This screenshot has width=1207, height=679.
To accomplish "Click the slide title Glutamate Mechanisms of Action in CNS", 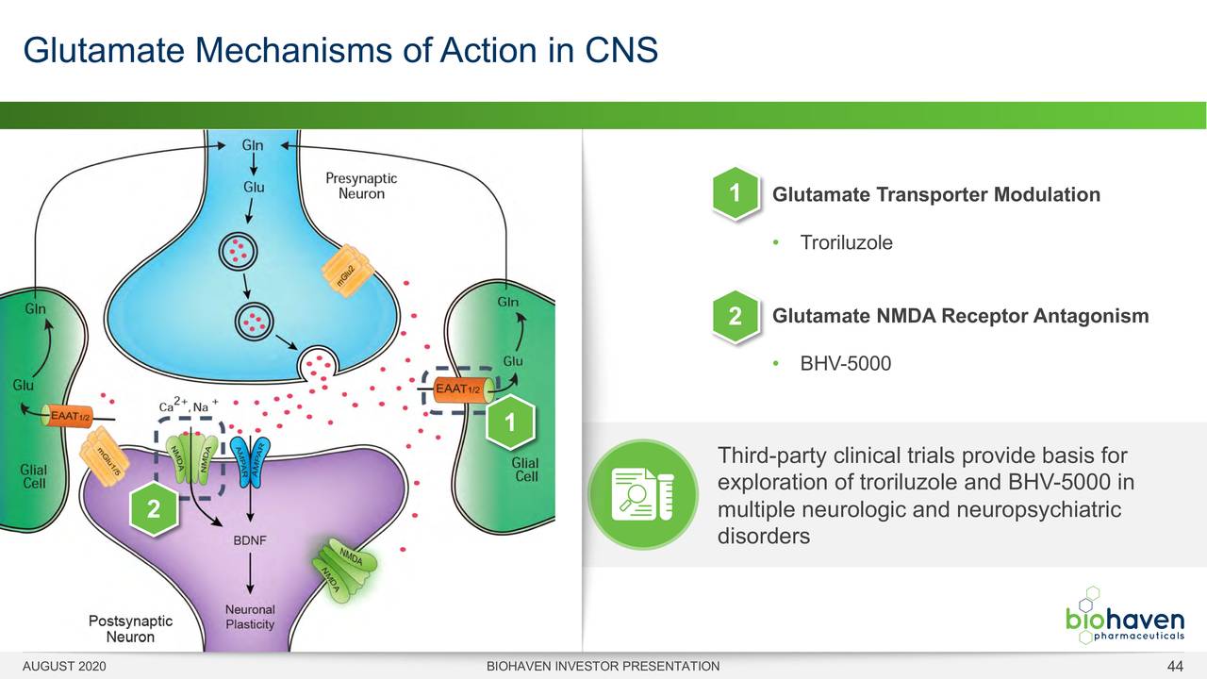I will pyautogui.click(x=340, y=49).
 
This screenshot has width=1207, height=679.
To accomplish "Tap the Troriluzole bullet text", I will pyautogui.click(x=846, y=242).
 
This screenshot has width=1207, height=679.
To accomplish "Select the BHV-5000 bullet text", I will pyautogui.click(x=845, y=363).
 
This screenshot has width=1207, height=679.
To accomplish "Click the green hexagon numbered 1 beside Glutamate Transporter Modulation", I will pyautogui.click(x=735, y=194).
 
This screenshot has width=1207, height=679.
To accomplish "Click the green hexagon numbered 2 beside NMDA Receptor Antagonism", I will pyautogui.click(x=735, y=316).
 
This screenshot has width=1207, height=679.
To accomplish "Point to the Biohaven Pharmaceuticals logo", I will pyautogui.click(x=1124, y=618).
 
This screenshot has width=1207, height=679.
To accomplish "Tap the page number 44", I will pyautogui.click(x=1175, y=667).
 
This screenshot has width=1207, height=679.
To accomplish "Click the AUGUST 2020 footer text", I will pyautogui.click(x=64, y=667).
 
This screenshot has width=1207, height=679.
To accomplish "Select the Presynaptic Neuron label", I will pyautogui.click(x=361, y=186).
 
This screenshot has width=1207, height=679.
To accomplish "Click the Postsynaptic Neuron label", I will pyautogui.click(x=130, y=629).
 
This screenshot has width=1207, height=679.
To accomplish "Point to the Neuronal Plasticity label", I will pyautogui.click(x=250, y=618).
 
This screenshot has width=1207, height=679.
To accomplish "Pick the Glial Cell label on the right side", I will pyautogui.click(x=525, y=469).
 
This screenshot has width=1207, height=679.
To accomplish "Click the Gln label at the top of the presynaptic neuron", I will pyautogui.click(x=253, y=145).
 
